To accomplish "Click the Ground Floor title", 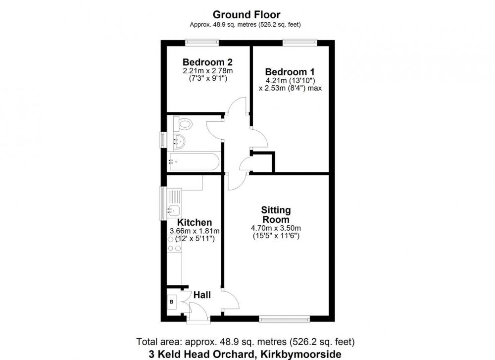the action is coord(246,14).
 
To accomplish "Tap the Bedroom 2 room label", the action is coord(207,62).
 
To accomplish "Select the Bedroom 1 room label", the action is coord(290,72).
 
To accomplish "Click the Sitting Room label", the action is coord(276,215).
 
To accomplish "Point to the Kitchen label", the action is coord(194,222).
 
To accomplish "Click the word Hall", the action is coord(202,295).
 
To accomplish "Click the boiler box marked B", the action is coord(172,302).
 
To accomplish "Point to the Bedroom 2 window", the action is coord(202,42).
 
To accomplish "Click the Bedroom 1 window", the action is coord(299,42).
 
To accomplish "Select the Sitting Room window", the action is coord(285,319).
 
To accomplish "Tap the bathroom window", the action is coord(163,140).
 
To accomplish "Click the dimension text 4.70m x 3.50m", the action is coord(276,228).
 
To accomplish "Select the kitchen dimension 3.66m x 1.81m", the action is coord(195,231).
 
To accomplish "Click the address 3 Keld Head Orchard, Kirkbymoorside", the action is coord(245,354).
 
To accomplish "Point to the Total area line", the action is coord(246,342).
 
